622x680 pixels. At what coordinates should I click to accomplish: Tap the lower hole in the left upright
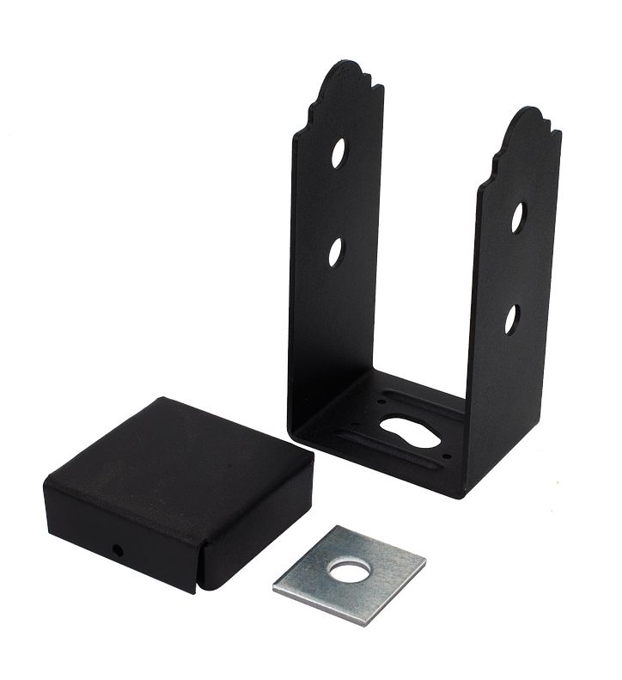pos(336,251)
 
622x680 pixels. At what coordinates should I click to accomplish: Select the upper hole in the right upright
pos(519,217)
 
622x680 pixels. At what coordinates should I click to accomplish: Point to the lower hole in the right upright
pos(512,319)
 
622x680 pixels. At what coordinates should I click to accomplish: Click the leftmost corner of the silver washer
pos(275,588)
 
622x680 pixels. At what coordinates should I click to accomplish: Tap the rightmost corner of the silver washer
pos(424,562)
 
